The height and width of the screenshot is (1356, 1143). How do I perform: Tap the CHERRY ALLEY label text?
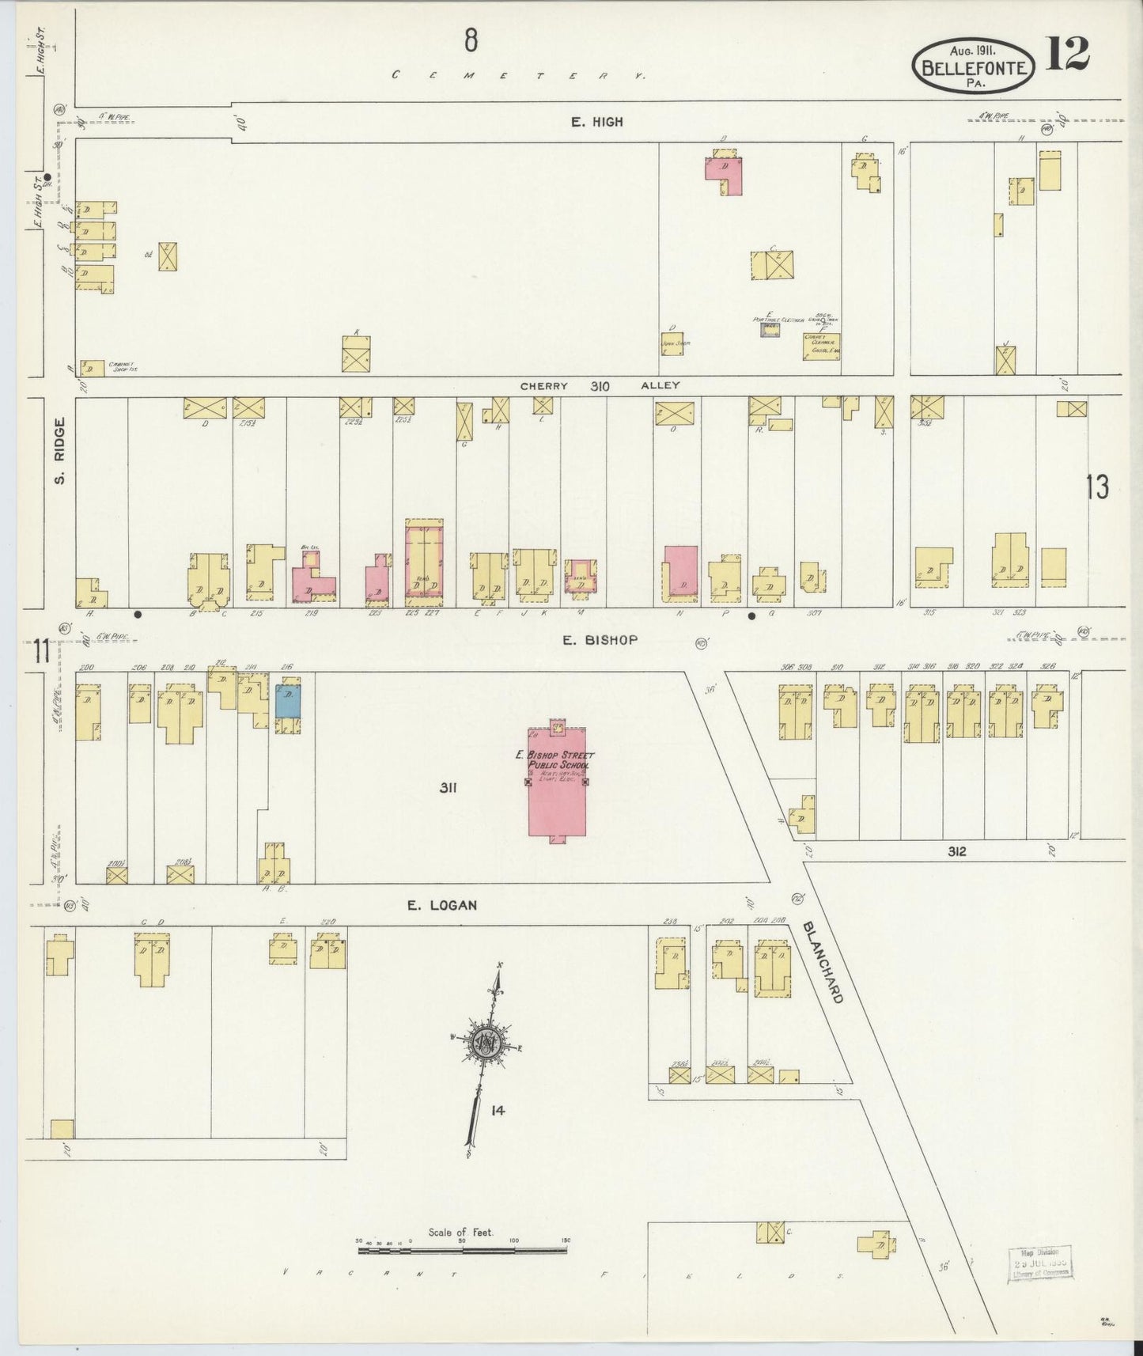(600, 386)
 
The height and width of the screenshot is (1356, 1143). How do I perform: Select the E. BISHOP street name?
(600, 640)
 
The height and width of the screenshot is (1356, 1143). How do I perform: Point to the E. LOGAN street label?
(442, 905)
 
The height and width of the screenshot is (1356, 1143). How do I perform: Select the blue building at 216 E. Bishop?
(288, 701)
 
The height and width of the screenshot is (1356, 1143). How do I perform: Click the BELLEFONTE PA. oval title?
(973, 65)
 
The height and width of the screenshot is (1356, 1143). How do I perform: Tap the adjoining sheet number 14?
(497, 1111)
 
